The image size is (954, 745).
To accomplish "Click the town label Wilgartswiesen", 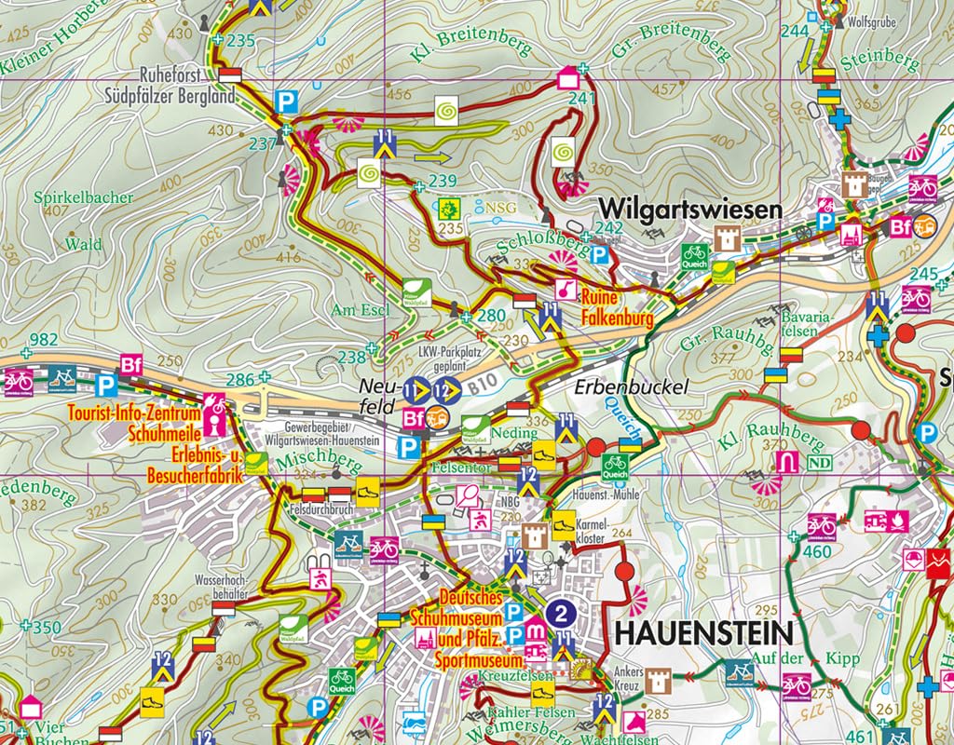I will tap(690, 209).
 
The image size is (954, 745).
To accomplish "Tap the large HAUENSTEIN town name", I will tap(703, 632).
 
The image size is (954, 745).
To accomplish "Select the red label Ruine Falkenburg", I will tap(615, 309).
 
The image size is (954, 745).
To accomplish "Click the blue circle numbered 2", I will tap(561, 612).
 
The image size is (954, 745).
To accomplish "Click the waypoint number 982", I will tap(44, 339).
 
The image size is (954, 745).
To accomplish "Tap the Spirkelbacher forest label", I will tap(83, 198).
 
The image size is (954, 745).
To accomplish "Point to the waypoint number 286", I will tap(240, 378).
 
